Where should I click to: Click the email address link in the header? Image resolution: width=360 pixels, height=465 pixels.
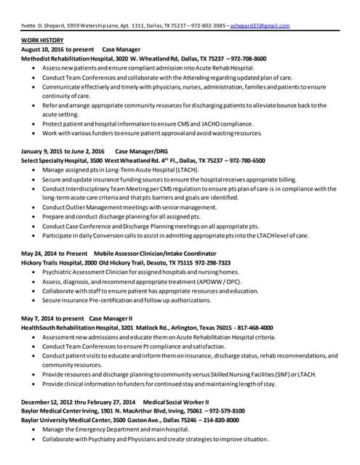[x=260, y=25]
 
